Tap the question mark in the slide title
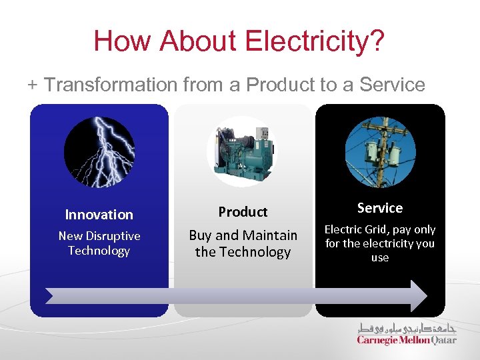(377, 41)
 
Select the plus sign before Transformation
(33, 85)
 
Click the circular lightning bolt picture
(99, 151)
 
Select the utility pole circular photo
(380, 151)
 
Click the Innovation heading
(99, 215)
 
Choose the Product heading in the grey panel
(243, 212)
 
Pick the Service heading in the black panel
(380, 208)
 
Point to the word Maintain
(269, 235)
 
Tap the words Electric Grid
(358, 229)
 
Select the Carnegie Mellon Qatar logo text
(407, 340)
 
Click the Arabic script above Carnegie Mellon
(407, 328)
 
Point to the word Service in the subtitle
(392, 85)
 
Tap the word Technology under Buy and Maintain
(243, 252)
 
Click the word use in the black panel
(380, 257)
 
